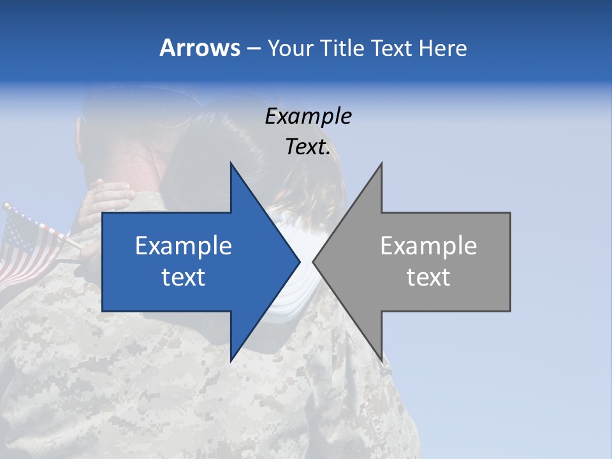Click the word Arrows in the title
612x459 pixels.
tap(200, 48)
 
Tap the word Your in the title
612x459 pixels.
tap(291, 48)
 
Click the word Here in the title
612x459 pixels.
tap(442, 48)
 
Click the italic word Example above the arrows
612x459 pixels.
tap(308, 117)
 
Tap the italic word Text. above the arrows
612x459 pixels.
tap(308, 147)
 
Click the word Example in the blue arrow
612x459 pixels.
tap(184, 246)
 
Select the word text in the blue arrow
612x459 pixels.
tap(184, 277)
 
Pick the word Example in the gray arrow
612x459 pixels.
tap(428, 246)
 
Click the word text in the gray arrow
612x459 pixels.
tap(428, 277)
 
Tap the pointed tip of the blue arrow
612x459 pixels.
tap(298, 261)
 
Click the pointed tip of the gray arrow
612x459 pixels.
tap(314, 261)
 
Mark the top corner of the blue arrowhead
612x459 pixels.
tap(231, 164)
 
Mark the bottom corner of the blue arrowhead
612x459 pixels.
tap(231, 360)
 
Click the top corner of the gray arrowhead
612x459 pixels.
tap(381, 164)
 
